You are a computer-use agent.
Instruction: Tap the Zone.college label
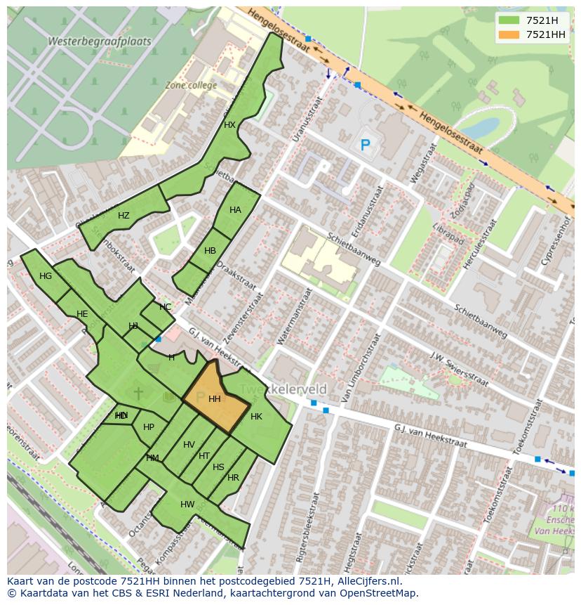pyautogui.click(x=191, y=85)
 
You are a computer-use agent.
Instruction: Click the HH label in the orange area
pyautogui.click(x=215, y=399)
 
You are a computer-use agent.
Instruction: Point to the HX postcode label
pyautogui.click(x=229, y=125)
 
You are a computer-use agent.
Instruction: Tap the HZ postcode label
pyautogui.click(x=123, y=216)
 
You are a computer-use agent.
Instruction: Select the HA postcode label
pyautogui.click(x=235, y=210)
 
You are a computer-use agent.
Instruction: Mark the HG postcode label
pyautogui.click(x=46, y=276)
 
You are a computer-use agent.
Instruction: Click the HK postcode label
pyautogui.click(x=256, y=417)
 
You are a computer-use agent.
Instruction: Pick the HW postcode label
pyautogui.click(x=187, y=505)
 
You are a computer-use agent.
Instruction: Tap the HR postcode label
pyautogui.click(x=233, y=478)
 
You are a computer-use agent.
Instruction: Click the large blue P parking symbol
pyautogui.click(x=365, y=146)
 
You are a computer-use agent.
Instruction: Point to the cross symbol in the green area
pyautogui.click(x=138, y=393)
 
